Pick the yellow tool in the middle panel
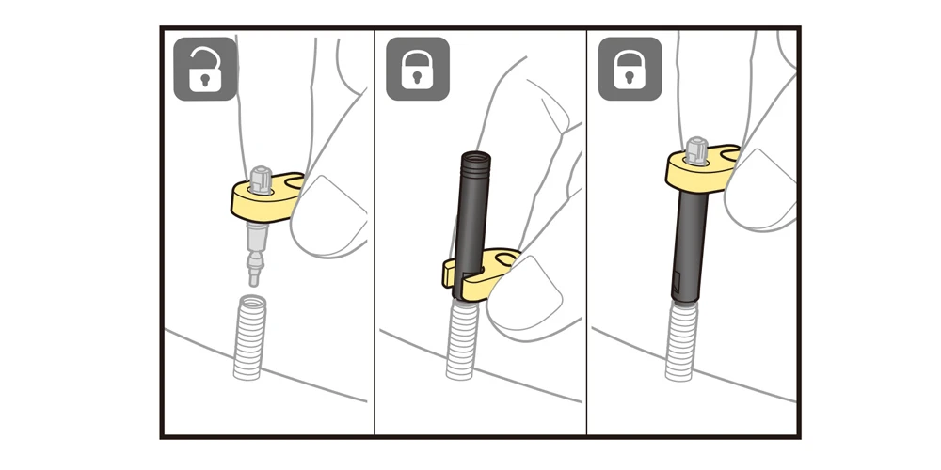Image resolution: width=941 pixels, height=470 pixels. coord(480,272)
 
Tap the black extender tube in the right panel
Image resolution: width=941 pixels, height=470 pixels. coord(689,244)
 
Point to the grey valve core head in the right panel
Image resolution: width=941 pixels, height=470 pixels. coord(697,148)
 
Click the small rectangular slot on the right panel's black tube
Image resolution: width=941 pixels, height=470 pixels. coord(678,278)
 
